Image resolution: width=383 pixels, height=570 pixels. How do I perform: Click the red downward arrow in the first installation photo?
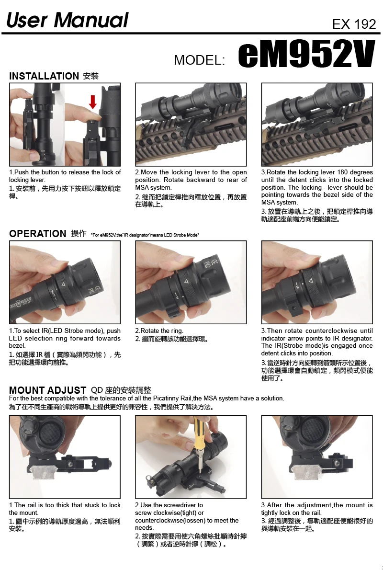coord(93,102)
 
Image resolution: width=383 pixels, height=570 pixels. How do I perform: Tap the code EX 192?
coord(354,24)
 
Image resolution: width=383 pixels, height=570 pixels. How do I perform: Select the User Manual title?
coord(68,20)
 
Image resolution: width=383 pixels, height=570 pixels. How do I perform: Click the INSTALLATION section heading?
coord(44,76)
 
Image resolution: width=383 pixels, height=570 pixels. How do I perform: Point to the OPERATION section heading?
coord(38,233)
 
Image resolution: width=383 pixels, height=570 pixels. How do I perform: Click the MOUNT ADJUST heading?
coord(47,390)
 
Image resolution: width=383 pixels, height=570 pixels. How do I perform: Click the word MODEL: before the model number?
coord(200,60)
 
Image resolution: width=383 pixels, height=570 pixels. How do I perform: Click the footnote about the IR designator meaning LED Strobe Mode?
coord(145,235)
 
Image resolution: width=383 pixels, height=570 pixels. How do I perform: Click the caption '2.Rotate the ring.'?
coord(159,331)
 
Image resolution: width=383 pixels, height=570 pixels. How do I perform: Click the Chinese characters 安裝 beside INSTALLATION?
coord(91,76)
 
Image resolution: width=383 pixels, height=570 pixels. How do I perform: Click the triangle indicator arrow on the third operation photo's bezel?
coord(310,281)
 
